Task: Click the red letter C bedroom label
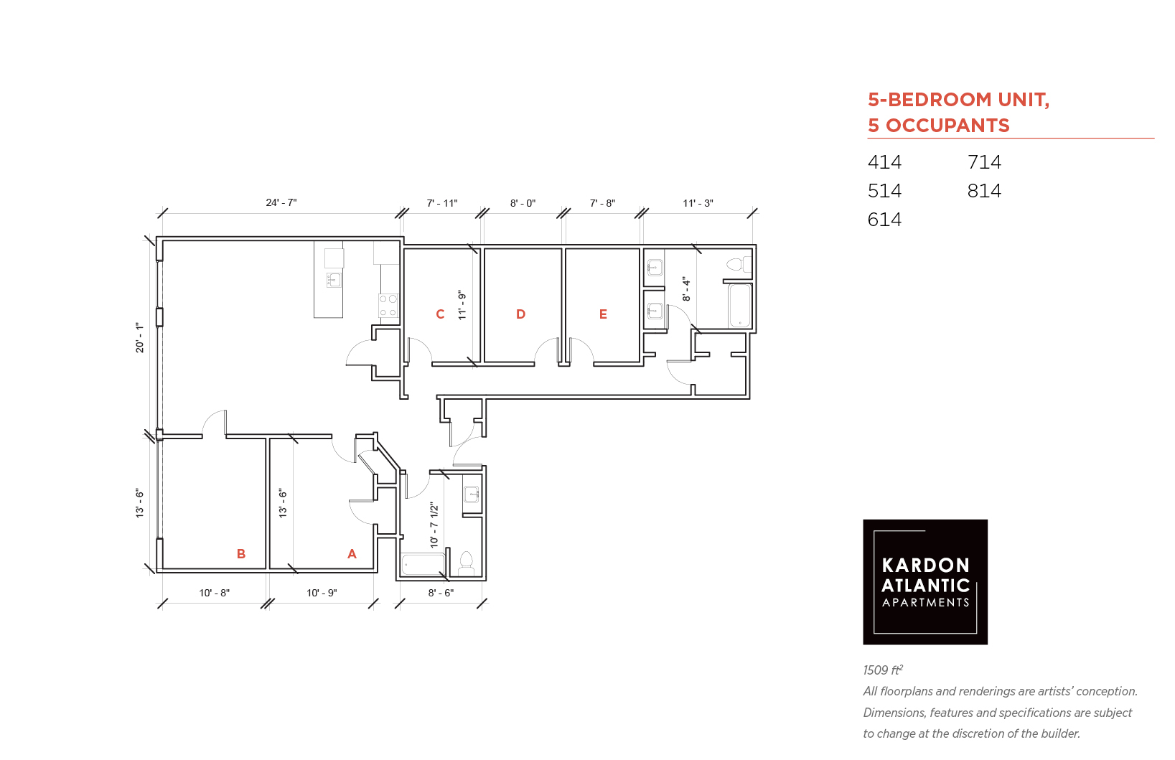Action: [x=440, y=314]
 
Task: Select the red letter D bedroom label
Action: [x=520, y=314]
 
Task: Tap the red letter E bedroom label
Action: [x=603, y=314]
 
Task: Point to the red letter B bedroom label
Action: [x=240, y=553]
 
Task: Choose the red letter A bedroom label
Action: [x=352, y=553]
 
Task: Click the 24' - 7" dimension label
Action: [x=281, y=202]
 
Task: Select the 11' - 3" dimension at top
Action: [x=698, y=203]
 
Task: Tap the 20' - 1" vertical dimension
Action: [x=139, y=337]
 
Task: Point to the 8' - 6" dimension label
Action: [x=441, y=593]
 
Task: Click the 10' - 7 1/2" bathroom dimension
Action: [x=434, y=525]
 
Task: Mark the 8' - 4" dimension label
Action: [x=686, y=289]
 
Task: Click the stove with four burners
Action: [x=389, y=305]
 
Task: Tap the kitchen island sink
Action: [x=334, y=280]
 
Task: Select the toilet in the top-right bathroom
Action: [x=739, y=264]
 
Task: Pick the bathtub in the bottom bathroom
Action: [x=423, y=565]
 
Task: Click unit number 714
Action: [x=984, y=162]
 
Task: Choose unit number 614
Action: [x=884, y=219]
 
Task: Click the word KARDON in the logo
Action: [x=925, y=566]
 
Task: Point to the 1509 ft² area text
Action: [x=883, y=670]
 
